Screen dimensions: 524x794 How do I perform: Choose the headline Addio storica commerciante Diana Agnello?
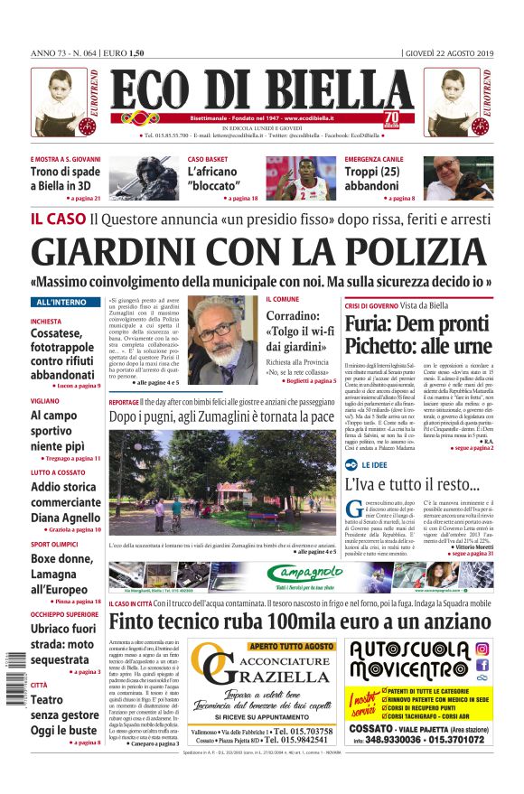[65, 501]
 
